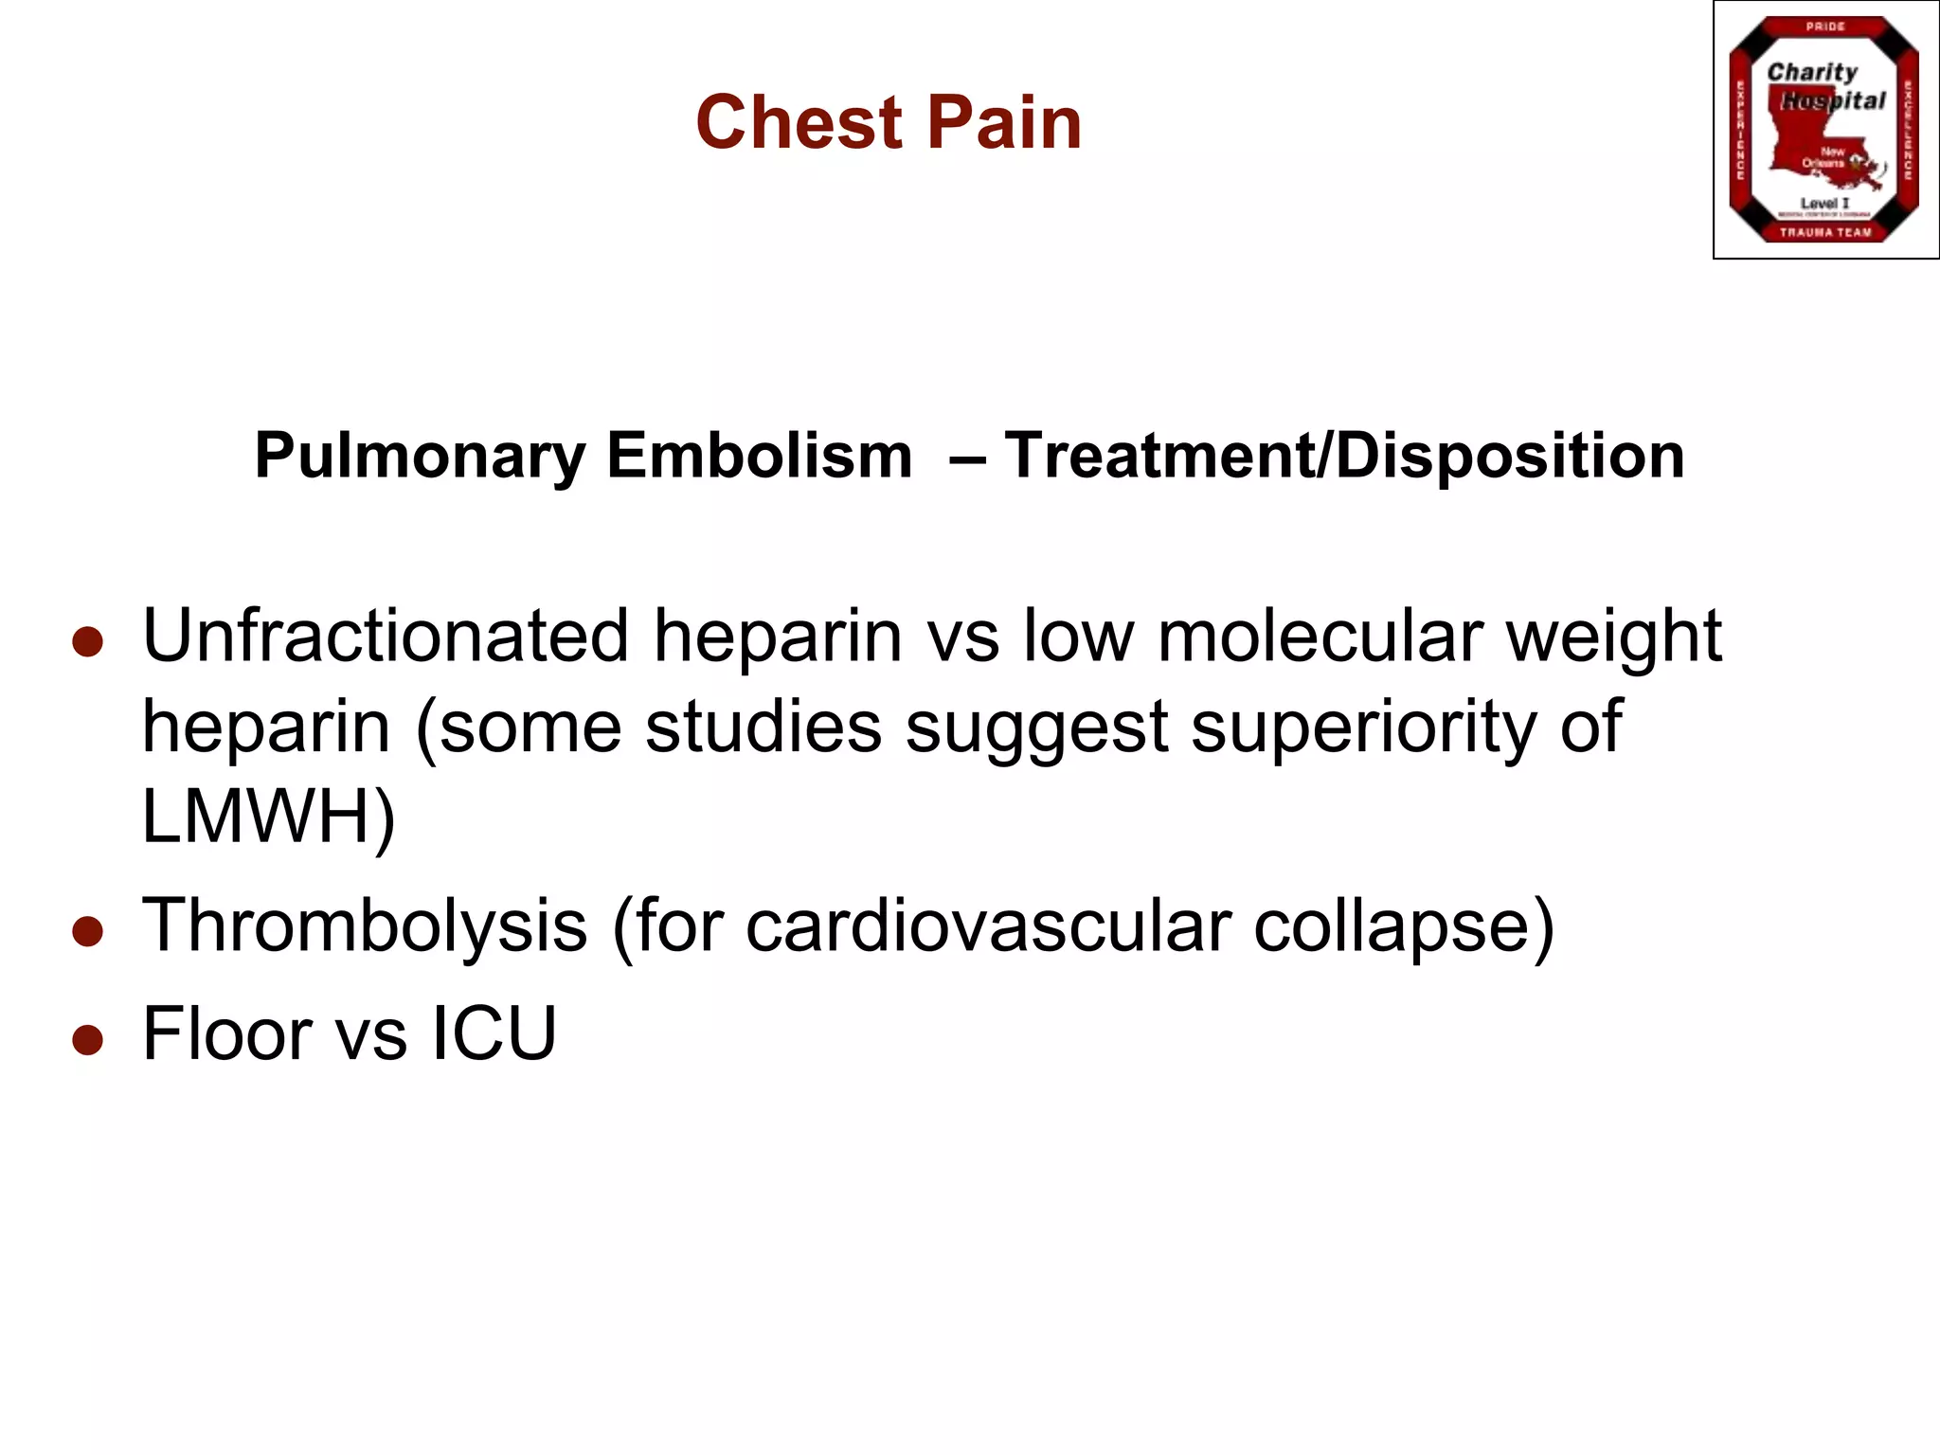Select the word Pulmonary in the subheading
[x=421, y=457]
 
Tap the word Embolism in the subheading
[x=759, y=457]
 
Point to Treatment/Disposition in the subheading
[x=1344, y=457]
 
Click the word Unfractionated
[x=386, y=636]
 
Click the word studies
[x=763, y=727]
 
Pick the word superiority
[x=1363, y=727]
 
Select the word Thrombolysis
[x=365, y=925]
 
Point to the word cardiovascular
[x=988, y=925]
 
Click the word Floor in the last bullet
[x=227, y=1033]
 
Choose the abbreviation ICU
[x=494, y=1033]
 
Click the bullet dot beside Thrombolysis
[x=87, y=931]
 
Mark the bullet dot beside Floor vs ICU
[x=87, y=1039]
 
